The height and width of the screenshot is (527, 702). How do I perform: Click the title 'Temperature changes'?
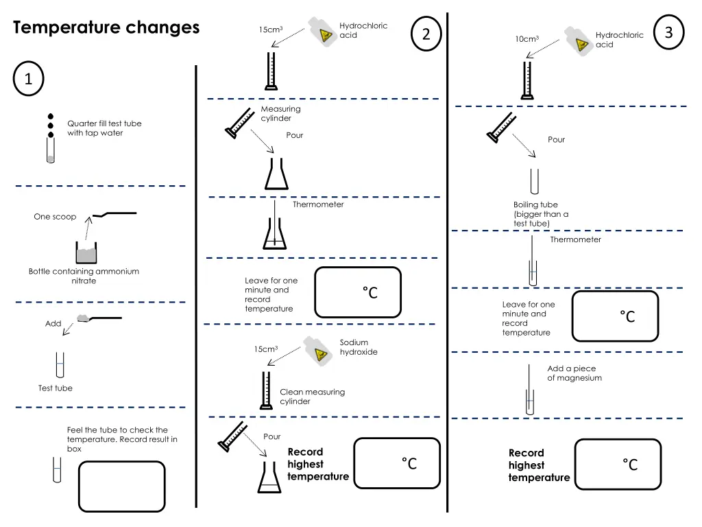pyautogui.click(x=106, y=28)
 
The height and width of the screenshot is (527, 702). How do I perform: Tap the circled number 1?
pyautogui.click(x=28, y=80)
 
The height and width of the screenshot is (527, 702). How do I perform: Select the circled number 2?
pyautogui.click(x=426, y=34)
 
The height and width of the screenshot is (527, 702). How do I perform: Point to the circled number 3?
pyautogui.click(x=669, y=33)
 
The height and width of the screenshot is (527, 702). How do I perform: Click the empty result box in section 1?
pyautogui.click(x=122, y=487)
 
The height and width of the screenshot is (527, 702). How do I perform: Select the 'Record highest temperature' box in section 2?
pyautogui.click(x=397, y=463)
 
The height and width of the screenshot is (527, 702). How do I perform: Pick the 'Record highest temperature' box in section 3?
pyautogui.click(x=618, y=465)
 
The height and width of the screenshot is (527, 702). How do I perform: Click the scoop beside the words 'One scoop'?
pyautogui.click(x=115, y=214)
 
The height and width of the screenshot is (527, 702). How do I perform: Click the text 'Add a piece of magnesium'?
pyautogui.click(x=574, y=373)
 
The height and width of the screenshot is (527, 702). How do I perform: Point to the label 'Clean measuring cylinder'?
pyautogui.click(x=312, y=397)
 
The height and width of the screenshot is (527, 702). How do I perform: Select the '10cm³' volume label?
pyautogui.click(x=527, y=39)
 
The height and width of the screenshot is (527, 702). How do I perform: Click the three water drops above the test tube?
pyautogui.click(x=50, y=125)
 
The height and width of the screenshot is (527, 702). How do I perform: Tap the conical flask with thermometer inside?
pyautogui.click(x=274, y=233)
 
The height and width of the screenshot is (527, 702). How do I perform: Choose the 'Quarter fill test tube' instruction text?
pyautogui.click(x=104, y=128)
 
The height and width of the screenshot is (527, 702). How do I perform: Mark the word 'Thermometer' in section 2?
pyautogui.click(x=318, y=204)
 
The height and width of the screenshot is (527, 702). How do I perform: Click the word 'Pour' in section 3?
pyautogui.click(x=556, y=139)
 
